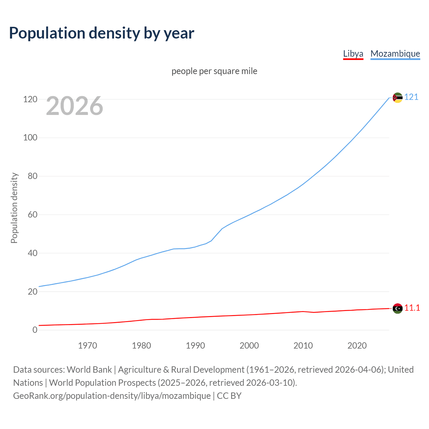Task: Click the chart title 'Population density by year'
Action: [102, 33]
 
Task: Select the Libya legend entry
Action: [353, 54]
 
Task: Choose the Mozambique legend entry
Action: [395, 54]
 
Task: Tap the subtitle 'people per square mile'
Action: [214, 71]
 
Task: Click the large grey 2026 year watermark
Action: [74, 106]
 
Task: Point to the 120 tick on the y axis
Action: [30, 99]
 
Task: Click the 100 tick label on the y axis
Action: [30, 138]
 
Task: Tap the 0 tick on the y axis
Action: [35, 330]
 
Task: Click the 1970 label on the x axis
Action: [87, 346]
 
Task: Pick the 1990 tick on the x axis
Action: [195, 346]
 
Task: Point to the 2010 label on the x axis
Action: [303, 346]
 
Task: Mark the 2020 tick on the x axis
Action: [357, 346]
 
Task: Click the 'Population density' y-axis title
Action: [14, 208]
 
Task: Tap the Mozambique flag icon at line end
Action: [397, 98]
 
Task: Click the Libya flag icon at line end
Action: [397, 308]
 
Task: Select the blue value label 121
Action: [411, 97]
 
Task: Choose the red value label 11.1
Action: [412, 308]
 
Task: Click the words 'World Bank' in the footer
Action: [89, 369]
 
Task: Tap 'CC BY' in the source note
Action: [229, 395]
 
